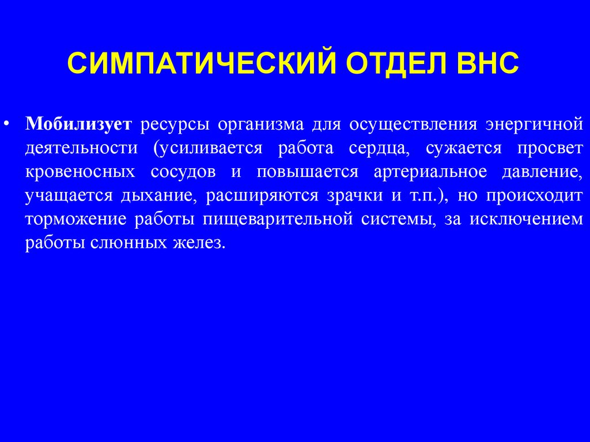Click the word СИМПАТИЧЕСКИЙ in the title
click(201, 62)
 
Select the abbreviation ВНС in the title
click(488, 62)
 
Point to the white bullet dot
click(6, 123)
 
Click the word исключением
click(527, 220)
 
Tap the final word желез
click(199, 243)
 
